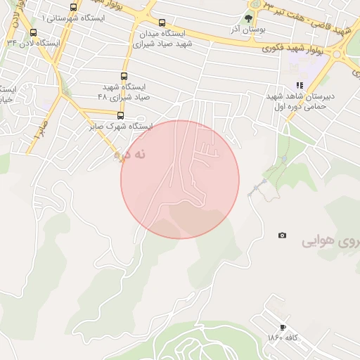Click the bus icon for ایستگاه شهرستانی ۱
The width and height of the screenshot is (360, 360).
coord(74,8)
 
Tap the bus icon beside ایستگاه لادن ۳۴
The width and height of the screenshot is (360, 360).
coord(34,33)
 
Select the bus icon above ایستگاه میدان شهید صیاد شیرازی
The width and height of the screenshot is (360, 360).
coord(163,22)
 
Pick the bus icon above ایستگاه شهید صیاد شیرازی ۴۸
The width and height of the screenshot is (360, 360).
coord(124,77)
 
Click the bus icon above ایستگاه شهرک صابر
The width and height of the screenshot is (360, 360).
coord(120,115)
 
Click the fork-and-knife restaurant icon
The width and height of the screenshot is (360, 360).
coord(300,85)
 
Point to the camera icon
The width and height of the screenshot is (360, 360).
coord(282,236)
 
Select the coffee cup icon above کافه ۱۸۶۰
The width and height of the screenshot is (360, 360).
coord(283,327)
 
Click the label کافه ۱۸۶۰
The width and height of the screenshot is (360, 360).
coord(283,338)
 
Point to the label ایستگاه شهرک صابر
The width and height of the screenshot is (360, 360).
coord(120,127)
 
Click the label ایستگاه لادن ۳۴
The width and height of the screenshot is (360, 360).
coord(32,43)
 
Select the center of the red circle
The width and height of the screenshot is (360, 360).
coord(180,179)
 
